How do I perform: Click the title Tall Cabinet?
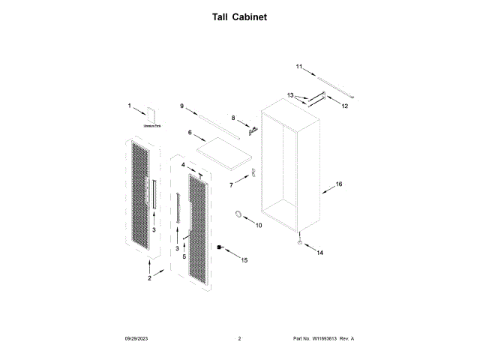tap(239, 16)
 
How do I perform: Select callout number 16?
tap(338, 184)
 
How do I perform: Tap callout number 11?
tap(298, 67)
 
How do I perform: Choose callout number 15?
tap(243, 260)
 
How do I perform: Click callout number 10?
tap(259, 224)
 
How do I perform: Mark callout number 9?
tap(181, 106)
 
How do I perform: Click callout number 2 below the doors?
tap(149, 278)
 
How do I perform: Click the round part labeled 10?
tap(240, 216)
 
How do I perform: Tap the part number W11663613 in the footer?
tap(330, 340)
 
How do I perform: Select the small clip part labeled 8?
tap(253, 130)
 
